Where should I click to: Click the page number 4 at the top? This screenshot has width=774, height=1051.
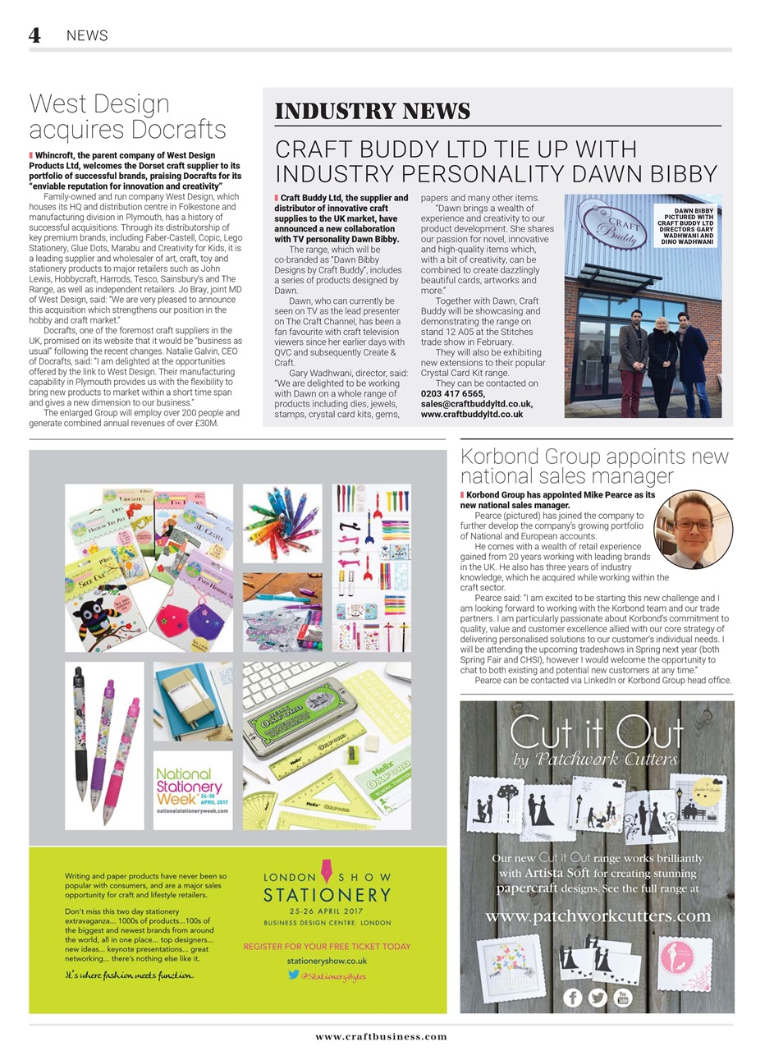(x=34, y=34)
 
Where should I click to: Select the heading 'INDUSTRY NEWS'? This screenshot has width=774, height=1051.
(x=372, y=112)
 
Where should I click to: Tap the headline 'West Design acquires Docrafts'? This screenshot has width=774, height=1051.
(x=127, y=117)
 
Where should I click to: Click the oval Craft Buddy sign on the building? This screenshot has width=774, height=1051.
(x=612, y=221)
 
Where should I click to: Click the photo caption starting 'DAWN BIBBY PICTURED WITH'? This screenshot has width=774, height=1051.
(x=685, y=227)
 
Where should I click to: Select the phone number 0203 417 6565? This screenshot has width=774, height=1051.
(x=451, y=394)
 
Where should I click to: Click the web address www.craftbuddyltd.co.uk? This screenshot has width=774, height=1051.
(x=471, y=415)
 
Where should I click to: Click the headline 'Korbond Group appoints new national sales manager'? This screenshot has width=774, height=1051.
(x=594, y=466)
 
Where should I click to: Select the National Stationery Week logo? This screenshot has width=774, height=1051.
(x=192, y=790)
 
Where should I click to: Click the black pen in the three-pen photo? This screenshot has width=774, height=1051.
(x=80, y=731)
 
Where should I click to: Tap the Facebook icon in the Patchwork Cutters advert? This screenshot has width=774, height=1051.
(x=572, y=997)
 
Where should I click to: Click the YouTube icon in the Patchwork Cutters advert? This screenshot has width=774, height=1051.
(x=623, y=997)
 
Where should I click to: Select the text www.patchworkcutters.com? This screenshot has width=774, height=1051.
(x=598, y=916)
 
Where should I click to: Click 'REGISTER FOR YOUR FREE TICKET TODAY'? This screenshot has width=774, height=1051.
(x=327, y=947)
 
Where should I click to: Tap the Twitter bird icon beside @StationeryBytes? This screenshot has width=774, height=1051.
(x=293, y=975)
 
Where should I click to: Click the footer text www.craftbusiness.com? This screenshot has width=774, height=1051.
(x=381, y=1037)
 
